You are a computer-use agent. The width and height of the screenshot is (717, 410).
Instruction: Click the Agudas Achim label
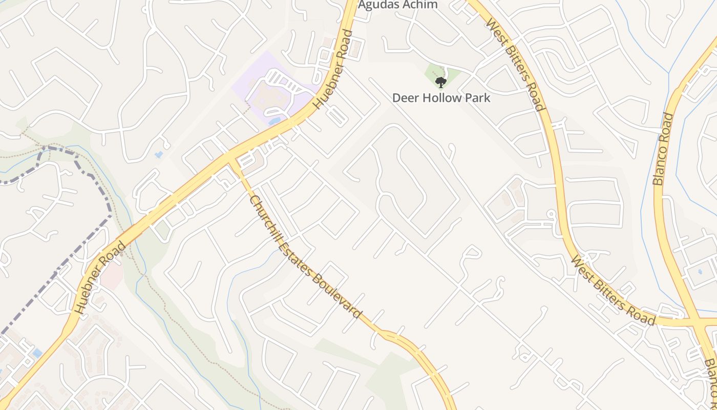(x=397, y=5)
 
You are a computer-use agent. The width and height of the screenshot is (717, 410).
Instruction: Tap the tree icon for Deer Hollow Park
(x=440, y=81)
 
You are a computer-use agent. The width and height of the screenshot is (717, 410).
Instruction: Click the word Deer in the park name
(x=404, y=97)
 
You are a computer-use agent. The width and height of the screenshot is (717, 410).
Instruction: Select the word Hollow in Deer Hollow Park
(x=435, y=97)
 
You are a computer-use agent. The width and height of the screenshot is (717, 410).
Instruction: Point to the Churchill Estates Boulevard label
(x=305, y=256)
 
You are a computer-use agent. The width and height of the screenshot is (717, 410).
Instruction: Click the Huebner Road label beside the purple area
(x=333, y=69)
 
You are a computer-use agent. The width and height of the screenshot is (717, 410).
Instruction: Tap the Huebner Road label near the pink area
(x=100, y=277)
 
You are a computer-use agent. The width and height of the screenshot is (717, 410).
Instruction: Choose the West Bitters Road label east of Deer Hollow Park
(x=515, y=65)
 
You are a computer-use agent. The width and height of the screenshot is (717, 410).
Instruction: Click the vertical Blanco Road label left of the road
(x=663, y=149)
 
